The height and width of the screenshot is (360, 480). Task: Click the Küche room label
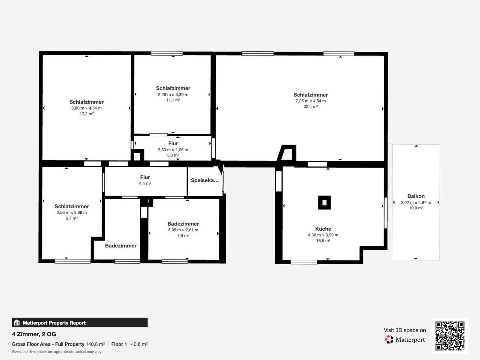pos(323,229)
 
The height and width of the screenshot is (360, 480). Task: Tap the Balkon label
pos(416,196)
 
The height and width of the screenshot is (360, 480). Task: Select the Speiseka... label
pos(205,180)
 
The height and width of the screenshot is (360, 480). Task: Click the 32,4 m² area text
pos(311,107)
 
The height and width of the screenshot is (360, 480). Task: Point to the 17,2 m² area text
pos(87,114)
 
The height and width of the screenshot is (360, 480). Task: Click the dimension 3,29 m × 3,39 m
pos(173,95)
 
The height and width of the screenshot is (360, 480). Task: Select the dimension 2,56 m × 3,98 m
pos(72,212)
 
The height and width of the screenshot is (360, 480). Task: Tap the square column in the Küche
pos(325,203)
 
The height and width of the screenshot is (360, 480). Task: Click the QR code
pos(450,336)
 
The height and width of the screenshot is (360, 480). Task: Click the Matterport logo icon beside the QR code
pos(389,339)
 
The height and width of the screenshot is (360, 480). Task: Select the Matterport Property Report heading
pos(55,323)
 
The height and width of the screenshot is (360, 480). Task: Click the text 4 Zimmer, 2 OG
pos(34,334)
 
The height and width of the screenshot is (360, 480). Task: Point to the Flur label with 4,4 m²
pos(145,177)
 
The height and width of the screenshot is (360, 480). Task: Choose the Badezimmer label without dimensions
pos(121,246)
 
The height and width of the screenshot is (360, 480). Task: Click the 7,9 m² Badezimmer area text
pos(183,236)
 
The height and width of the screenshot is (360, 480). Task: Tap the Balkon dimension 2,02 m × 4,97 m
pos(416,203)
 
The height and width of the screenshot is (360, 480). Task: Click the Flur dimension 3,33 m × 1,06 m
pos(173,150)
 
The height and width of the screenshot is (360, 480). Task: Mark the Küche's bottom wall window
pos(304,262)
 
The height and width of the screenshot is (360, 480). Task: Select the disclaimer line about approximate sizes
pos(57,352)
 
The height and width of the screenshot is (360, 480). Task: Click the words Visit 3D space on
pos(405,330)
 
